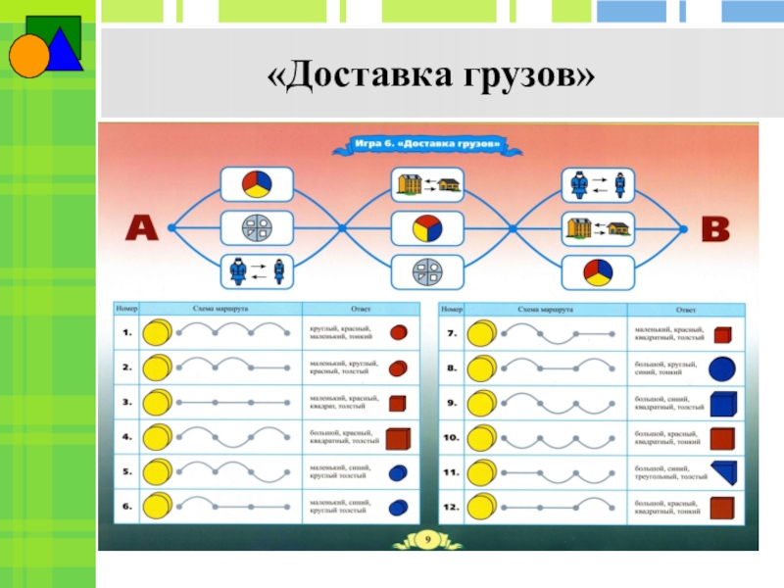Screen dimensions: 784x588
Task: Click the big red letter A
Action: [x=140, y=229]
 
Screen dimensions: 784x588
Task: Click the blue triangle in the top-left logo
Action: [x=62, y=50]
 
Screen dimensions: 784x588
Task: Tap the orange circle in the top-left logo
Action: [x=28, y=56]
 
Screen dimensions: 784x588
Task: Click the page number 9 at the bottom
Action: [x=428, y=538]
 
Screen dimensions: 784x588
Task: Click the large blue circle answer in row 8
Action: [x=721, y=368]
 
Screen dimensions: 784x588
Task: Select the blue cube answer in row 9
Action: [x=721, y=404]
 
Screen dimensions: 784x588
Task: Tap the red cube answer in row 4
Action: [x=398, y=438]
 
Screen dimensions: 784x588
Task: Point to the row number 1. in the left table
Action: [x=127, y=333]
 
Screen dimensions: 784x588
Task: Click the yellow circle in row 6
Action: [x=156, y=507]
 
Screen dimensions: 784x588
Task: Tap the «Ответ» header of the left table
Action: [x=343, y=308]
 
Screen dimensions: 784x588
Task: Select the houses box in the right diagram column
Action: [x=597, y=229]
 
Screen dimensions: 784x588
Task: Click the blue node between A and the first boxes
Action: [x=171, y=228]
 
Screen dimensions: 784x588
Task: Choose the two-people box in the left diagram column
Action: [x=256, y=269]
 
